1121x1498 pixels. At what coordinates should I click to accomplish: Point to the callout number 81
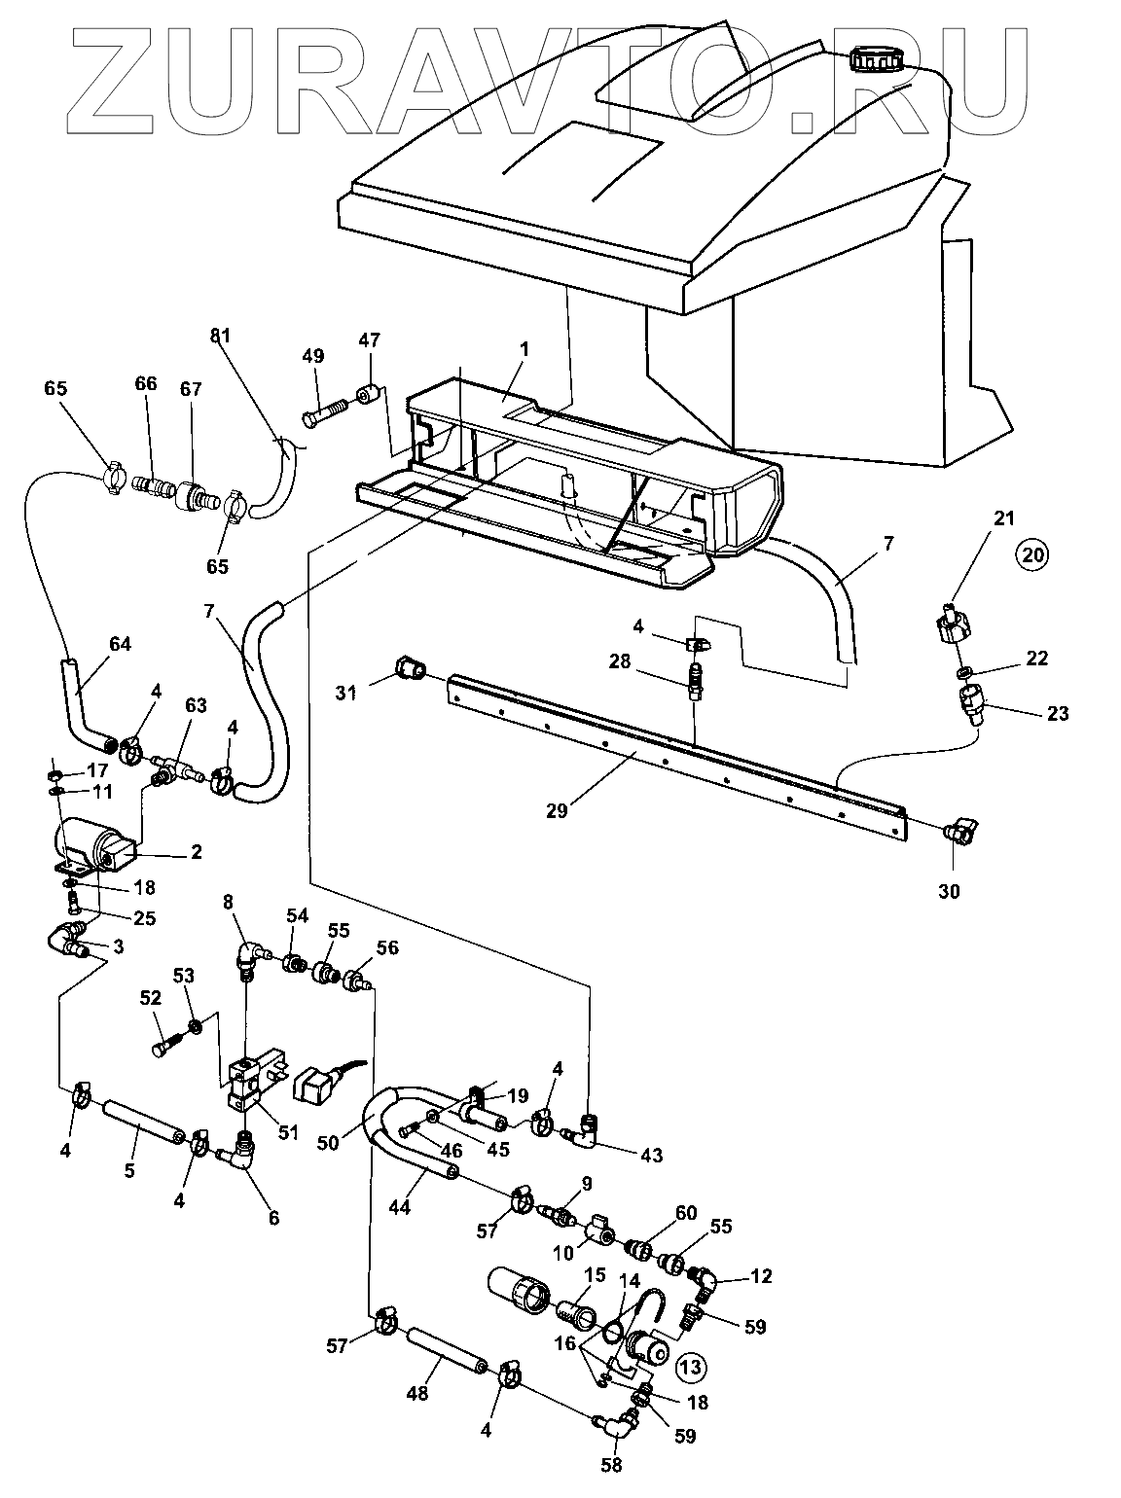220,338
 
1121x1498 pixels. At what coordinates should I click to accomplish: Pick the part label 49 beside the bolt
312,356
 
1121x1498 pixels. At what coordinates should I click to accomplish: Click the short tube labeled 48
447,1346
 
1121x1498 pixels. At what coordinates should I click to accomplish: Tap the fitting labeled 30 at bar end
963,830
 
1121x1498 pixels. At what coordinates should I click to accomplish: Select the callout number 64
120,644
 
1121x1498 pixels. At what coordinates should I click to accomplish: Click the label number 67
191,389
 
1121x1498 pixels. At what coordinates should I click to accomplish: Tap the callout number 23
1058,713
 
